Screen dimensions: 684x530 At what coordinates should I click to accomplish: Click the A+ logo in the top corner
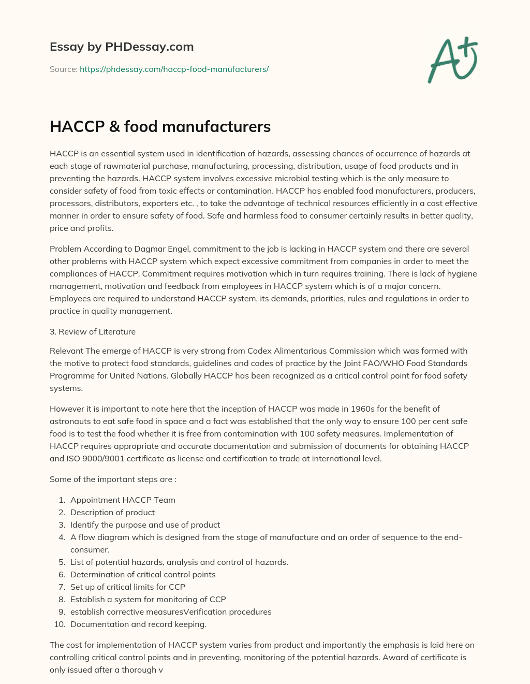pyautogui.click(x=452, y=60)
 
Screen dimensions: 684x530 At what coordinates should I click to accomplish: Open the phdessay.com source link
pyautogui.click(x=174, y=69)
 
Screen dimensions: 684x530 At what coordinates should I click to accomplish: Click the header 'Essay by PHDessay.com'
pyautogui.click(x=122, y=47)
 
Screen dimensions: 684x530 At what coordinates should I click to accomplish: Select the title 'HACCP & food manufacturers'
pyautogui.click(x=160, y=126)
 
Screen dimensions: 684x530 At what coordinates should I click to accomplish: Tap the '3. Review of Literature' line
pyautogui.click(x=93, y=331)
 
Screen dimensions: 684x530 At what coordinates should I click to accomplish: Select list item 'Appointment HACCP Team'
pyautogui.click(x=123, y=500)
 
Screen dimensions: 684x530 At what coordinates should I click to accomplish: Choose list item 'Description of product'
pyautogui.click(x=112, y=512)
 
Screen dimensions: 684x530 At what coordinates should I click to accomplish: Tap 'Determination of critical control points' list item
pyautogui.click(x=143, y=574)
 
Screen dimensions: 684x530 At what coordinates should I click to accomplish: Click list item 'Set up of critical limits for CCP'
pyautogui.click(x=127, y=587)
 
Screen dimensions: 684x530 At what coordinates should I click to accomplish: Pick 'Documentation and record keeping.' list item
pyautogui.click(x=138, y=624)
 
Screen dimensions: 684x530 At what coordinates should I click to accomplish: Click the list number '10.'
pyautogui.click(x=60, y=624)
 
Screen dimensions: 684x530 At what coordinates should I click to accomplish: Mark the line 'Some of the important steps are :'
pyautogui.click(x=113, y=479)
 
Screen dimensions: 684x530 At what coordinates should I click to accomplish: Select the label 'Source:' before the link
pyautogui.click(x=63, y=69)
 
